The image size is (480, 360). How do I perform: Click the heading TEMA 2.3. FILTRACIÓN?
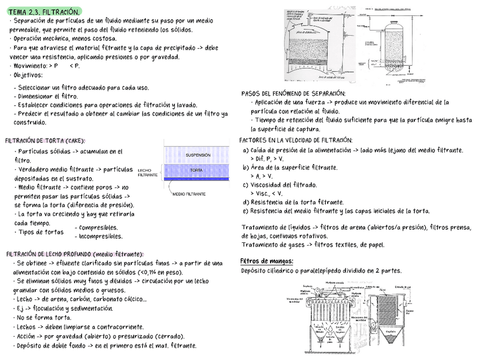point(44,11)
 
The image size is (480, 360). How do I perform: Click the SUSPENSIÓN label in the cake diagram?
point(198,155)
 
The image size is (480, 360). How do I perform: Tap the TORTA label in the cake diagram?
point(197,170)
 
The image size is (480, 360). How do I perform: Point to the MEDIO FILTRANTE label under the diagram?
point(189,194)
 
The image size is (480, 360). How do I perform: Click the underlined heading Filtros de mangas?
point(267,261)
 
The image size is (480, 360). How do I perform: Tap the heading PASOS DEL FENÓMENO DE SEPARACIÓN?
point(293,93)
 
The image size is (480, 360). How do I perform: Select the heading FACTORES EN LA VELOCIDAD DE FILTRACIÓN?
point(295,140)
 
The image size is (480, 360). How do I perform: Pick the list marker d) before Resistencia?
point(246,202)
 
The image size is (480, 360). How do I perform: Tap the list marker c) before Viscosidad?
point(246,185)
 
